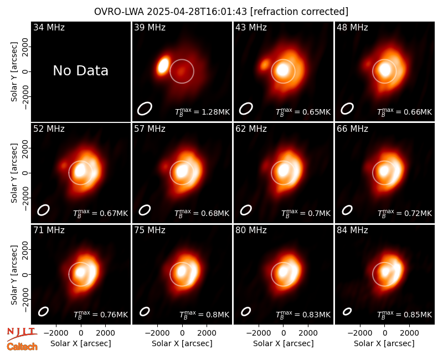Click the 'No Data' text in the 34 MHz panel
pos(80,71)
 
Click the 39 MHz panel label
pos(150,27)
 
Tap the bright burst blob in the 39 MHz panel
pos(163,65)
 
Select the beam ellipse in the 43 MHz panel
pos(246,109)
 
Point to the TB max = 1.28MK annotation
pos(202,112)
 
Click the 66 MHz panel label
pos(352,129)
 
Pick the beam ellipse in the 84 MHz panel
pos(347,311)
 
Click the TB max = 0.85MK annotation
pos(405,315)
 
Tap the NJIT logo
pos(22,333)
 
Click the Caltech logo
pos(22,347)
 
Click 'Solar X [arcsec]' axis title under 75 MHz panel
pos(182,343)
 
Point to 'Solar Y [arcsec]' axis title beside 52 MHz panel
pos(14,173)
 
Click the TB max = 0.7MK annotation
pos(306,213)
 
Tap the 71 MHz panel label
pos(49,230)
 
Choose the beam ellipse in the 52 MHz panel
pos(43,210)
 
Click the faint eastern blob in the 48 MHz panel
pos(368,64)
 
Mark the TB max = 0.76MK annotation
pos(101,315)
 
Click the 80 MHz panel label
pos(251,230)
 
